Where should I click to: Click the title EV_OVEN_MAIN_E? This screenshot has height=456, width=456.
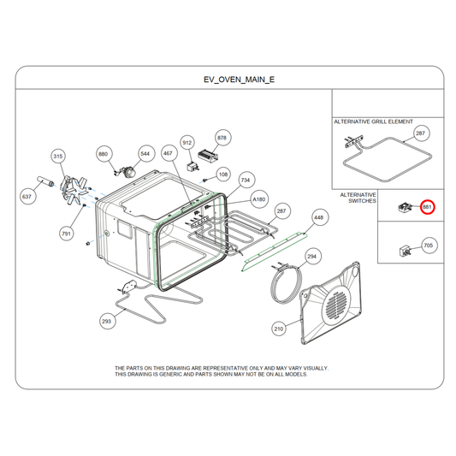239,80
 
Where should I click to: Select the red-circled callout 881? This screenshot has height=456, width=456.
427,207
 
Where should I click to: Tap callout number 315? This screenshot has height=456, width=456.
58,157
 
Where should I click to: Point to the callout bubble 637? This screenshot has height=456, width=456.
27,197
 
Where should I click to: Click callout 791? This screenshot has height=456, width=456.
67,234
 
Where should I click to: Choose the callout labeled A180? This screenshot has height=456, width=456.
259,199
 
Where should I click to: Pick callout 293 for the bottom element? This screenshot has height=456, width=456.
106,322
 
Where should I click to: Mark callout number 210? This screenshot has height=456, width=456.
279,329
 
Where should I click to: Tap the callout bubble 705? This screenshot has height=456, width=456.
429,246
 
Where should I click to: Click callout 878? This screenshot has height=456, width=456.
222,138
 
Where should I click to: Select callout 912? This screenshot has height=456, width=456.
187,143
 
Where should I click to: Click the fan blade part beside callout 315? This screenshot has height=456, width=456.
73,190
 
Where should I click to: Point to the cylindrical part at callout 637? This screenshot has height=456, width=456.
45,181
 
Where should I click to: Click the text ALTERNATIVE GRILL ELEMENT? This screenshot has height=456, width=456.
373,121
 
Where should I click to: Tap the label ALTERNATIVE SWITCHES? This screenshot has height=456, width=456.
358,198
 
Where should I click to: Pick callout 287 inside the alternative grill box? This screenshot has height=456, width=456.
421,133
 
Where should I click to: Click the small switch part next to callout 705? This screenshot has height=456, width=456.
406,251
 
